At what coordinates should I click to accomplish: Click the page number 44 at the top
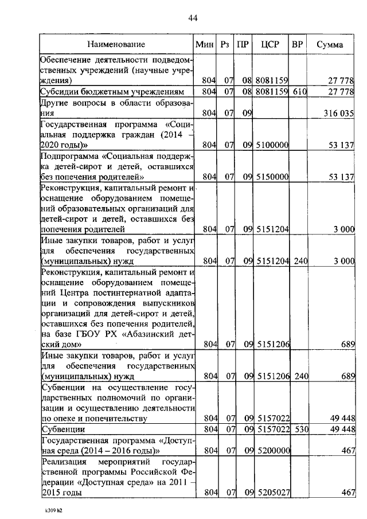(193, 18)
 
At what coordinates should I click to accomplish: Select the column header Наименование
(116, 44)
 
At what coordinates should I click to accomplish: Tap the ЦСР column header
(270, 44)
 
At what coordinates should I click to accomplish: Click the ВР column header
(298, 44)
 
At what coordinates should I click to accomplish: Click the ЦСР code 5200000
(271, 451)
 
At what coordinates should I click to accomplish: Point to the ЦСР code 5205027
(271, 492)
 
